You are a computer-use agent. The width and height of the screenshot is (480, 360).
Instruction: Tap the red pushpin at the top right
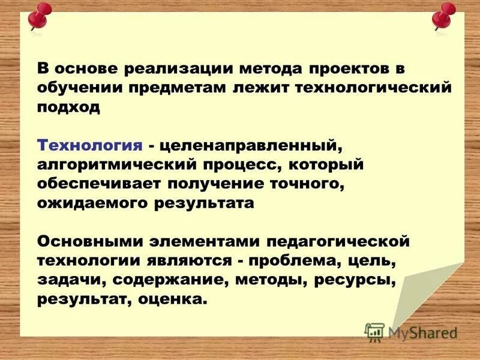(x=445, y=16)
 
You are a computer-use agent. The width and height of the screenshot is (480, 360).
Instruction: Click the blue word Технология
(x=90, y=146)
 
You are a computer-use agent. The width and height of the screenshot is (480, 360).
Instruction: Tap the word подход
(x=68, y=107)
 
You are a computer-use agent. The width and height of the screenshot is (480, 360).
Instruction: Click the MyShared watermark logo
(x=411, y=332)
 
